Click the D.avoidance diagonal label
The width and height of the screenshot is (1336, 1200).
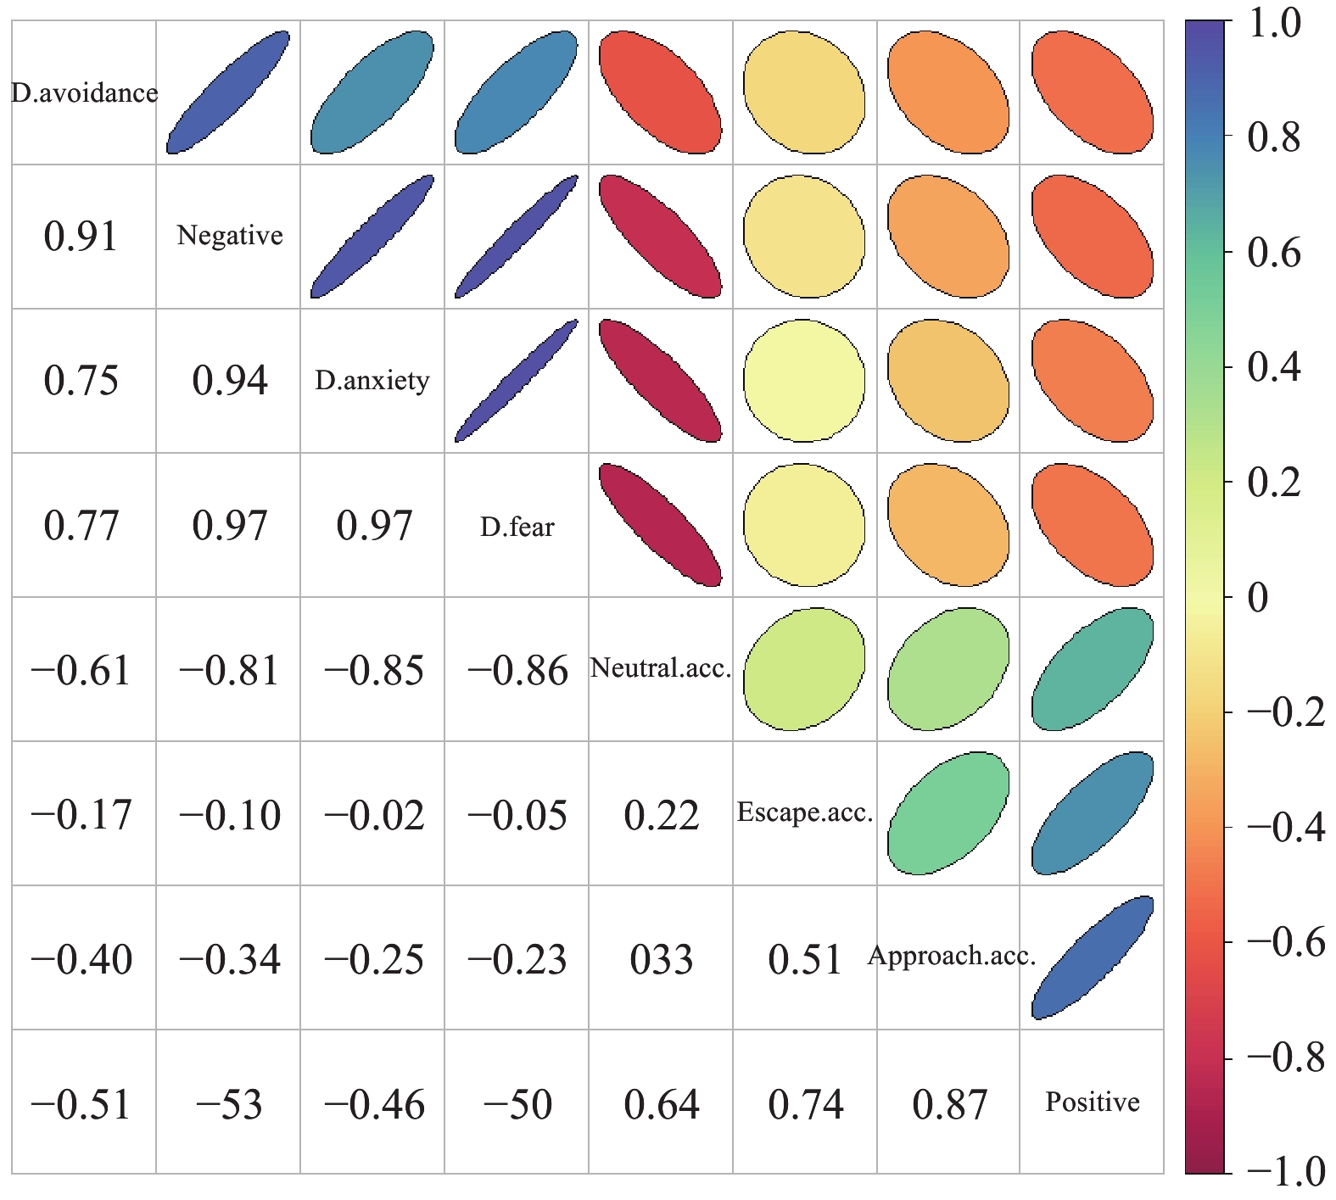[84, 92]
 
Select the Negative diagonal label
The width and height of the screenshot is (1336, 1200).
[229, 235]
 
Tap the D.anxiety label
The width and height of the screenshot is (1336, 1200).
[372, 380]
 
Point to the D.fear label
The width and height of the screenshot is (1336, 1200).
[517, 527]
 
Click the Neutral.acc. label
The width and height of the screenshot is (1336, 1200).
[660, 668]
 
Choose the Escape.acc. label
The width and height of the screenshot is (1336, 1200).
[804, 812]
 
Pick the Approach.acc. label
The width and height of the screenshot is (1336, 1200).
[951, 957]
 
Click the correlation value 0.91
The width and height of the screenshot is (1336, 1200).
[81, 236]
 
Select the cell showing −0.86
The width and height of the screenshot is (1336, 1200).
[517, 671]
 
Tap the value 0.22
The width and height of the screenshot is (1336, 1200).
[661, 815]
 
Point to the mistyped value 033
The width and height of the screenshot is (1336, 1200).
[661, 959]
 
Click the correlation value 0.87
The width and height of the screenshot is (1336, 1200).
[949, 1104]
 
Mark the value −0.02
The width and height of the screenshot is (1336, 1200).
[373, 815]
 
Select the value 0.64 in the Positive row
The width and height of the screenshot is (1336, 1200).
[661, 1104]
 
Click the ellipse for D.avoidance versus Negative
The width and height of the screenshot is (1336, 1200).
[228, 92]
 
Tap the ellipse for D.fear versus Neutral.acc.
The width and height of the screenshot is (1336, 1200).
[660, 525]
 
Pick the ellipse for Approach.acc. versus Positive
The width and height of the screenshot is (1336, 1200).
[1093, 957]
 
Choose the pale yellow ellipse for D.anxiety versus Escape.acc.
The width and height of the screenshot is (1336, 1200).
[804, 381]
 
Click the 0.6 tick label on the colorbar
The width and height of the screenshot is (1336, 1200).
[1273, 253]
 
